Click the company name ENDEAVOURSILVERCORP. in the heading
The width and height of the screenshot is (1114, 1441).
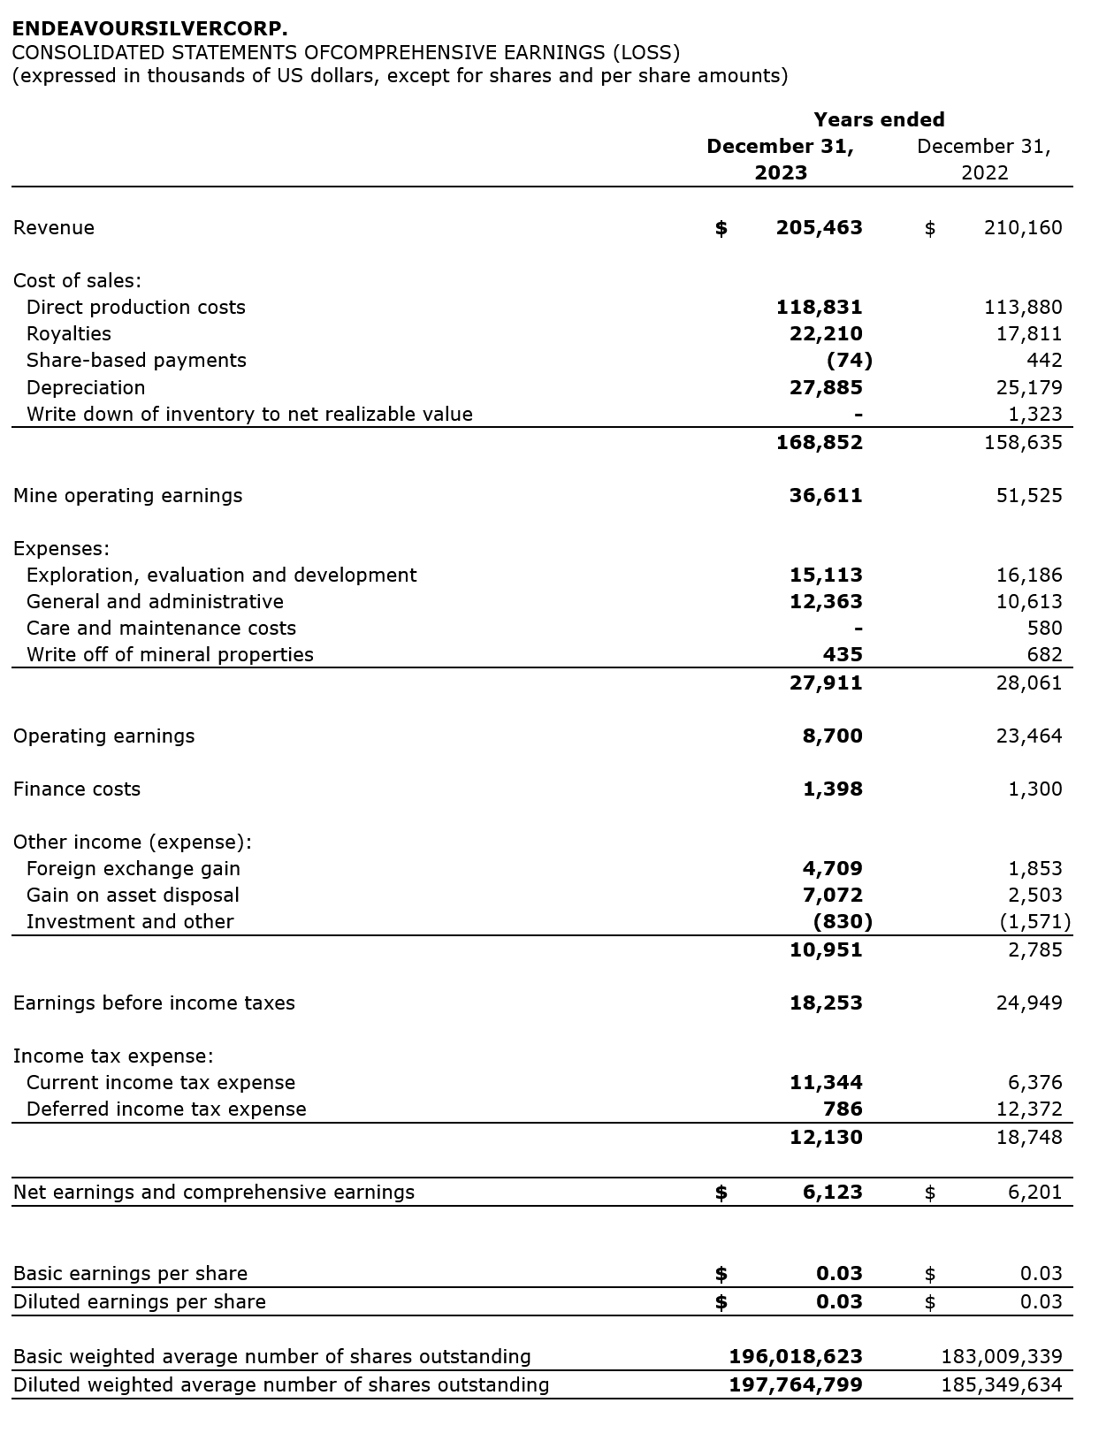point(150,29)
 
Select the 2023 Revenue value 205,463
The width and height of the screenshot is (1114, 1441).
point(819,228)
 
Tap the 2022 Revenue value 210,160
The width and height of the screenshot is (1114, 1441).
point(1023,228)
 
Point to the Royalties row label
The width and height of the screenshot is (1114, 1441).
point(69,334)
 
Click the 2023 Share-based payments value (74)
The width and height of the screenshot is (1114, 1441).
point(849,361)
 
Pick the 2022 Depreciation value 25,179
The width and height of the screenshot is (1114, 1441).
point(1029,387)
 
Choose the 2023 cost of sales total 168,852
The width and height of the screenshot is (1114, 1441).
point(819,442)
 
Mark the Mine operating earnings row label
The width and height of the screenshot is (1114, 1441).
point(127,496)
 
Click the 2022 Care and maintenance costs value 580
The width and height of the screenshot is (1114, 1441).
point(1044,629)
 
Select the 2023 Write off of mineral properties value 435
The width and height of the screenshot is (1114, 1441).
point(843,655)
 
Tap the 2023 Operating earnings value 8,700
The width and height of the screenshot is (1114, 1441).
point(832,736)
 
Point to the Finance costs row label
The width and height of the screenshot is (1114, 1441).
point(77,789)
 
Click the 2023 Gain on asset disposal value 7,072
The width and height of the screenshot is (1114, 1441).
point(832,896)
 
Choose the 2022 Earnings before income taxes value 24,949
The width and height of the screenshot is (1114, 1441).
point(1029,1003)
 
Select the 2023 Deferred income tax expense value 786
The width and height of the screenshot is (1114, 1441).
point(843,1109)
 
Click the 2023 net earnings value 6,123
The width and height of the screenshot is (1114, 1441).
point(832,1193)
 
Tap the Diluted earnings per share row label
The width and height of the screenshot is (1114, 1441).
point(140,1302)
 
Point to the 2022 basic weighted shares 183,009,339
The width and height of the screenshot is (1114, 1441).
point(1002,1357)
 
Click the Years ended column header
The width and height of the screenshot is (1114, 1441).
point(879,120)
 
